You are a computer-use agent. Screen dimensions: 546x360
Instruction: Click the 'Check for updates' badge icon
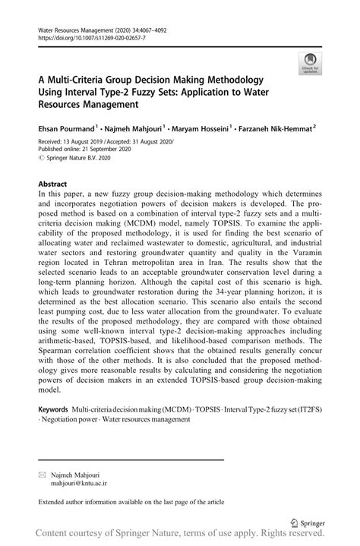point(309,63)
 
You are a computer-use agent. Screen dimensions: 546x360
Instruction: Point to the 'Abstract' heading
point(52,185)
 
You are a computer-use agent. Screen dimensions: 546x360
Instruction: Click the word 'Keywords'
point(54,430)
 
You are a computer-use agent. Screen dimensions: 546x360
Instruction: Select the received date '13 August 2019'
point(87,141)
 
